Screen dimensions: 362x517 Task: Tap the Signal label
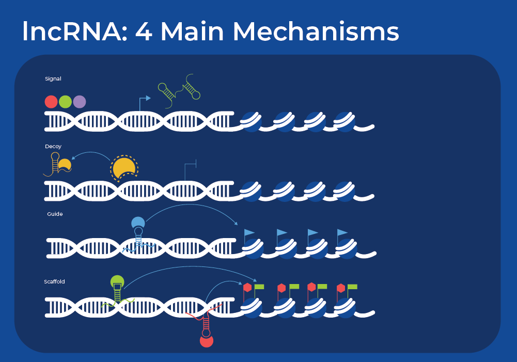pos(53,79)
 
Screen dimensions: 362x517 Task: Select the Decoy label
pos(53,147)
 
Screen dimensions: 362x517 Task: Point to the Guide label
pos(54,214)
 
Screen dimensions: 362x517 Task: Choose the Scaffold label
pos(54,281)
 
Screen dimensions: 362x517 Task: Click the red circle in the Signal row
pos(51,102)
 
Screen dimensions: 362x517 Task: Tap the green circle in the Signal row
pos(65,102)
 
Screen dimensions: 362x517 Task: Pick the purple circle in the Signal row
pos(79,102)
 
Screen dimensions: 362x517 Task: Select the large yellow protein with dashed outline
pos(124,167)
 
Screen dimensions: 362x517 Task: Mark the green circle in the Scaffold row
pos(117,282)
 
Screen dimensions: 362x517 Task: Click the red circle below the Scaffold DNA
pos(207,341)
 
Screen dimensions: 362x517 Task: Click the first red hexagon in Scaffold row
pos(247,288)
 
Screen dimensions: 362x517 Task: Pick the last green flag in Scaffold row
pos(352,286)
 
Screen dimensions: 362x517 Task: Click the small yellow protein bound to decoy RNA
pos(65,165)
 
